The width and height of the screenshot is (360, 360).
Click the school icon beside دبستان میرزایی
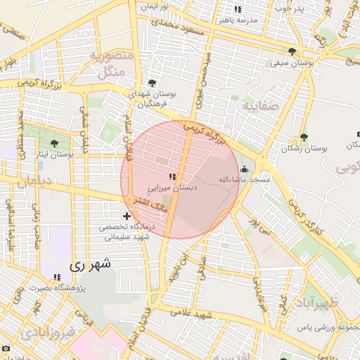[172, 176]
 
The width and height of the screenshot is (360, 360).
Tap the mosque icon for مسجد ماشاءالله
[244, 169]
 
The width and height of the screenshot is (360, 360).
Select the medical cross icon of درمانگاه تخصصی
[126, 216]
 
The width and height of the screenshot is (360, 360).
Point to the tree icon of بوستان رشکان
[304, 137]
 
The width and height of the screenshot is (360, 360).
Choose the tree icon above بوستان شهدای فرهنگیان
[152, 83]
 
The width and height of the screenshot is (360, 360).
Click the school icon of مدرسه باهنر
[238, 10]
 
